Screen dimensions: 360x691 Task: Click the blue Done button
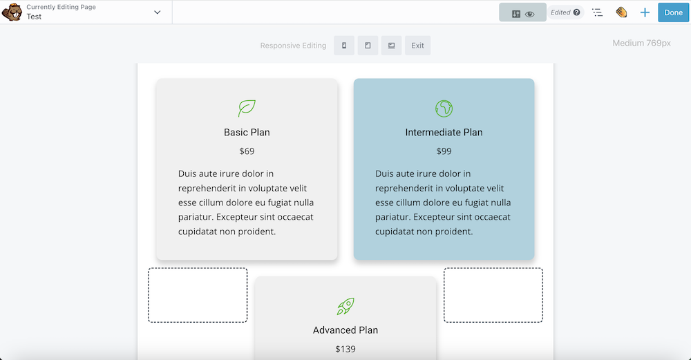(673, 12)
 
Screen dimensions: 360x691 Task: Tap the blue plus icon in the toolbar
(645, 12)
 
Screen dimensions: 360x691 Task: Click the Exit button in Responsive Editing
(417, 46)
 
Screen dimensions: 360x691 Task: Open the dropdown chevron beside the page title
(158, 12)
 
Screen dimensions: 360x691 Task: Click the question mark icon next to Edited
(576, 12)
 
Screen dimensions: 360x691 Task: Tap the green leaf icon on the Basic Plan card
(247, 108)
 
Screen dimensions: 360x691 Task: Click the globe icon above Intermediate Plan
(444, 108)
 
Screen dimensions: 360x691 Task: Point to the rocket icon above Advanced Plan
(345, 306)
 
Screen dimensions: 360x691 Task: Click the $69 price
(247, 151)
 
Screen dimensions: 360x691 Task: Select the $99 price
(444, 151)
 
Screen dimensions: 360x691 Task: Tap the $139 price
(345, 349)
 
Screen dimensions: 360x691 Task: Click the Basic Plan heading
(247, 133)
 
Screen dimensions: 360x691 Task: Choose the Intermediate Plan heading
(444, 133)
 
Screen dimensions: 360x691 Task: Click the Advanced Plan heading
(345, 330)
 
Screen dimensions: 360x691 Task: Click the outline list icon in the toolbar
(598, 12)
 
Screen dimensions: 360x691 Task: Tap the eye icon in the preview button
(530, 13)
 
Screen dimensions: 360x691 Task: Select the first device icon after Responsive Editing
(344, 46)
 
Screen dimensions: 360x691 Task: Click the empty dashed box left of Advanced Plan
(198, 295)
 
